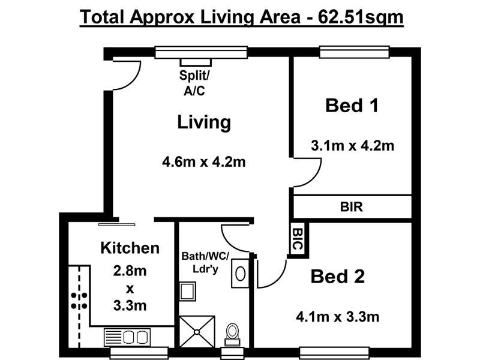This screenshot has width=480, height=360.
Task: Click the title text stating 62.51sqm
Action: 242,17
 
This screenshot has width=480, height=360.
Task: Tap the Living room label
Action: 204,122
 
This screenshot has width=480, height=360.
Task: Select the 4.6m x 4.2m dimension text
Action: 204,161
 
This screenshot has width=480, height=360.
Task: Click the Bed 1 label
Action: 352,106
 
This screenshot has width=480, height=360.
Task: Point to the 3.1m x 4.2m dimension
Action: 352,145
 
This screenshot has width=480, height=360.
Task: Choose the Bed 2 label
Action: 338,277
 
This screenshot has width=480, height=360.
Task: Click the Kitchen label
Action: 130,247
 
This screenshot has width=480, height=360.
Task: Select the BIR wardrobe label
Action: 352,208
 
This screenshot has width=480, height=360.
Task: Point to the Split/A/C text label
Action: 195,83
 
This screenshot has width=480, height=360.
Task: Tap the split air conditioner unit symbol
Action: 196,62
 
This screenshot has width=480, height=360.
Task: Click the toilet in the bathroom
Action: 232,333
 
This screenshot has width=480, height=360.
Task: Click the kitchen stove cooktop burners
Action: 78,300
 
